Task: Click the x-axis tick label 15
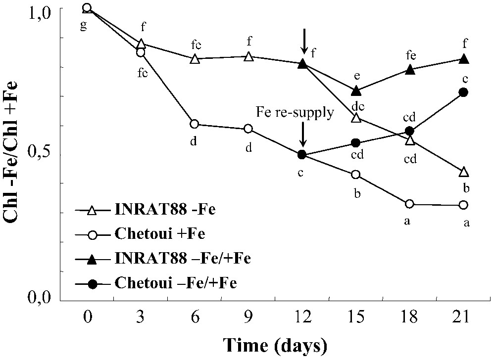pyautogui.click(x=356, y=316)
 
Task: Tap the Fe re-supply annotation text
pyautogui.click(x=295, y=113)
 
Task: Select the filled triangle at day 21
pyautogui.click(x=464, y=59)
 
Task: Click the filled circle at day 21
pyautogui.click(x=463, y=92)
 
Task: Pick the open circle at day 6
pyautogui.click(x=195, y=124)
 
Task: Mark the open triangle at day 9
pyautogui.click(x=248, y=56)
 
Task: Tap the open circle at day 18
pyautogui.click(x=409, y=204)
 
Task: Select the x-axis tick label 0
pyautogui.click(x=88, y=316)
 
